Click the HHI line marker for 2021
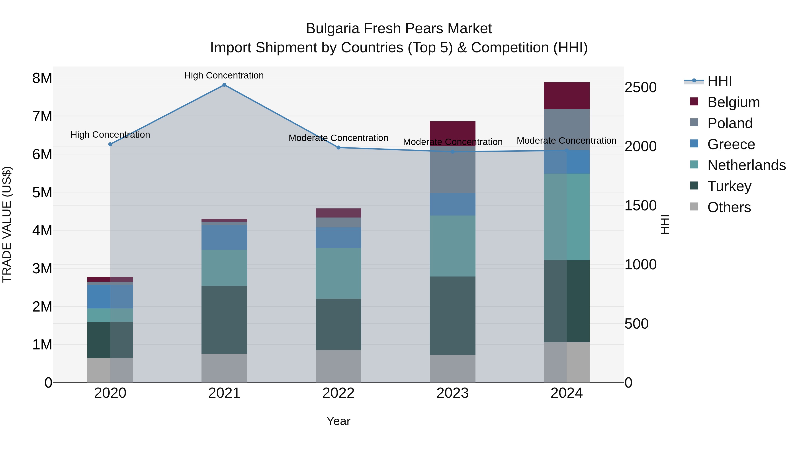[224, 85]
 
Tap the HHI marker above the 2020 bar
[110, 144]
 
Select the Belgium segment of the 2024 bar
[567, 96]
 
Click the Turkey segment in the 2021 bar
[224, 320]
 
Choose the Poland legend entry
[730, 123]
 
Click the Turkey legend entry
[729, 186]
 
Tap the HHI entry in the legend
[719, 81]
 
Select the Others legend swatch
[694, 207]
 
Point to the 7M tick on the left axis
[42, 116]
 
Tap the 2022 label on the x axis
[338, 393]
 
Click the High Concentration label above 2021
[224, 75]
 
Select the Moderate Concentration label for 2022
[338, 138]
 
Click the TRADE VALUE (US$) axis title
[7, 224]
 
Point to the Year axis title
[338, 421]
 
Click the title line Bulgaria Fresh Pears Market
[399, 29]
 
